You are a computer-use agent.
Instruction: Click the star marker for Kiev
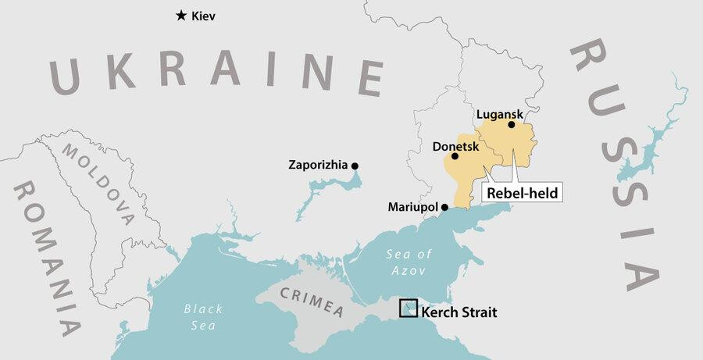pos(181,15)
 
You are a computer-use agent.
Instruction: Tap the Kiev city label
pos(204,16)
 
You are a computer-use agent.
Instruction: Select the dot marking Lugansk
pos(512,124)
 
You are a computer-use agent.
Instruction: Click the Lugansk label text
pos(499,114)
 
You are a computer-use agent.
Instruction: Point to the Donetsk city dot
pos(455,156)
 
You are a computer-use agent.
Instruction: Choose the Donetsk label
pos(455,145)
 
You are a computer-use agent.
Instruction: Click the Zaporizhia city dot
pos(355,166)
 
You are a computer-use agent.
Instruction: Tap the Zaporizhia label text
pos(319,166)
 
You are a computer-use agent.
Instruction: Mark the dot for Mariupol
pos(444,207)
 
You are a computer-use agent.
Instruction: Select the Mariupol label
pos(413,208)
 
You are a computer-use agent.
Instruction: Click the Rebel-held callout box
pos(522,192)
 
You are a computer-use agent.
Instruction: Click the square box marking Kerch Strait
pos(408,308)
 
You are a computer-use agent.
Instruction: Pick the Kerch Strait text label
pos(459,312)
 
